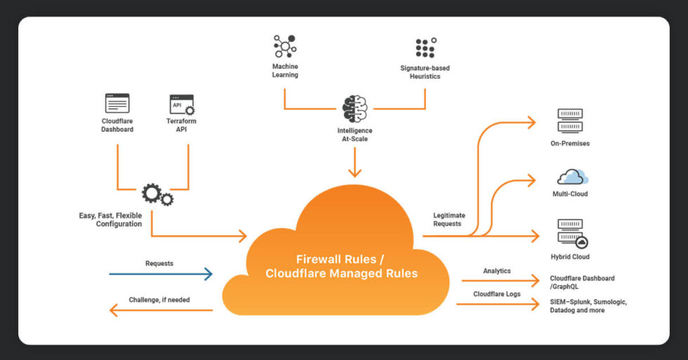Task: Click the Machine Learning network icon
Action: [x=285, y=46]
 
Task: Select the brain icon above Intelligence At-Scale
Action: [x=355, y=109]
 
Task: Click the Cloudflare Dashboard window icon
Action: [x=117, y=104]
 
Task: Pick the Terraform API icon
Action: [x=182, y=105]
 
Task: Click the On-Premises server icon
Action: [x=569, y=121]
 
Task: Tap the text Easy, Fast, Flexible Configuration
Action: [x=110, y=220]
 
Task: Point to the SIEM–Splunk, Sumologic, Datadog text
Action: [x=588, y=306]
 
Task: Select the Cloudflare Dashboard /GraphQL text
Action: [x=582, y=283]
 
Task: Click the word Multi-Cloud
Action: [x=570, y=194]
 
